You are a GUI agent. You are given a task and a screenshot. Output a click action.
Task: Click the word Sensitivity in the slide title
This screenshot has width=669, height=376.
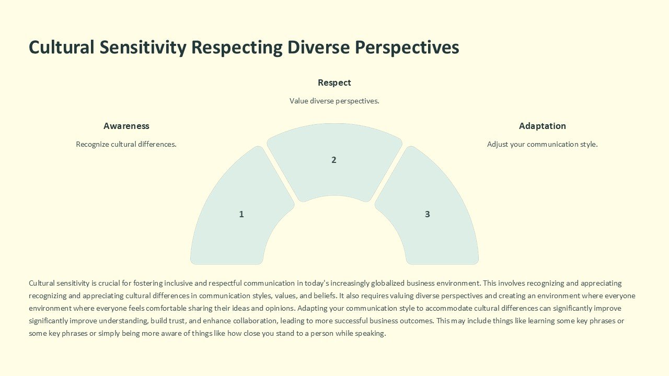(143, 48)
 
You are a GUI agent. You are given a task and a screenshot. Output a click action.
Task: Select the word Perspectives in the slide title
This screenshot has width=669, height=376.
(407, 48)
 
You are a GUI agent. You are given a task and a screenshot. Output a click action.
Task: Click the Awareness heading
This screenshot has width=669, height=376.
(126, 126)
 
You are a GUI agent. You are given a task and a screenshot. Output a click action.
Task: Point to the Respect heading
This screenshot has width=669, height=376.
(334, 83)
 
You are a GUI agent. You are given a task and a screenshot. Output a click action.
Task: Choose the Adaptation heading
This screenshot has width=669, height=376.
(542, 126)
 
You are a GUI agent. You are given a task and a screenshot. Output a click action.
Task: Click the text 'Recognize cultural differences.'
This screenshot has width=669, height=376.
(126, 144)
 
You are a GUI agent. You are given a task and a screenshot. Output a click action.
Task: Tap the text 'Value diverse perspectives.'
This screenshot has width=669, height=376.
(334, 101)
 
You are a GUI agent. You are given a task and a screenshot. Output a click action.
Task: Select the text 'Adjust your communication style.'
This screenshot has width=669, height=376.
(542, 144)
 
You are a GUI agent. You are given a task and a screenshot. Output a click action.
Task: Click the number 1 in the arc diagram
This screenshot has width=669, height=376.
(241, 214)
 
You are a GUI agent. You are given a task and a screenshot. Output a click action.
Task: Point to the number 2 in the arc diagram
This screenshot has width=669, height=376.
(334, 160)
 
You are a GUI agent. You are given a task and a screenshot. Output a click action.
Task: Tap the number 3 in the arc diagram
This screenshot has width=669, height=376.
(427, 214)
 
